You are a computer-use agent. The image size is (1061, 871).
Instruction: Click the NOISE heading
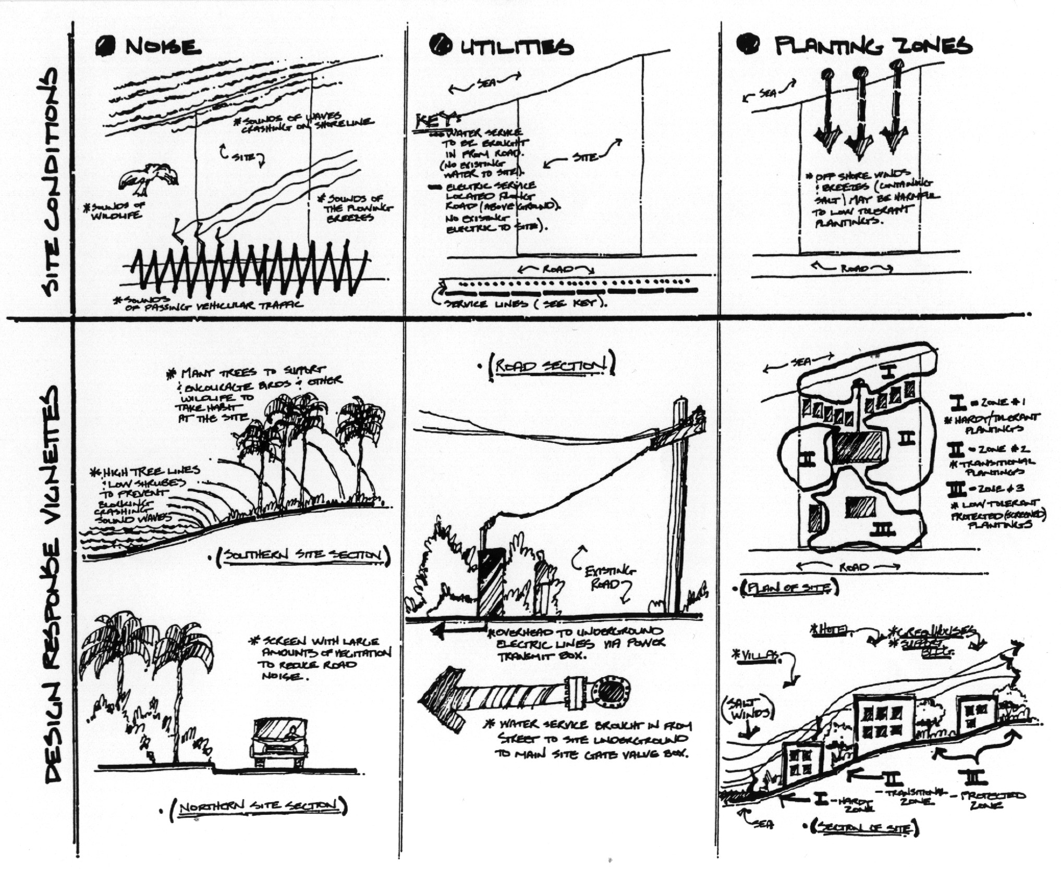163,47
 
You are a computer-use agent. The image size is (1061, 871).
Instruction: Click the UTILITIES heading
516,47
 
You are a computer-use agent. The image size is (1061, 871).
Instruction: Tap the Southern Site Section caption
303,556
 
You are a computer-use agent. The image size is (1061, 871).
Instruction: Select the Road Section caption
552,365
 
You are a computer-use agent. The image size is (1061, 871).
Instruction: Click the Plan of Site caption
789,588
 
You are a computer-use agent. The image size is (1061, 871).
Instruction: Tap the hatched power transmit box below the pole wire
490,583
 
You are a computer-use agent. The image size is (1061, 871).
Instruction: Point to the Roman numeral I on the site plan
889,371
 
